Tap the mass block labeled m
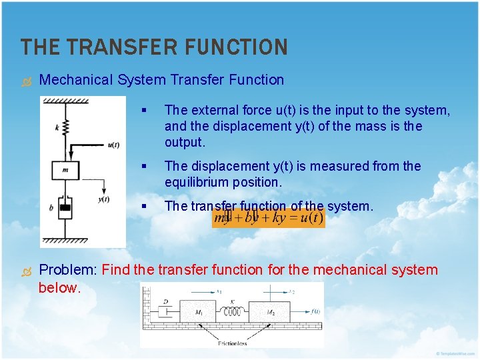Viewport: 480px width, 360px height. pos(65,170)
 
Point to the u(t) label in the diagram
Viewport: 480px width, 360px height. pos(113,144)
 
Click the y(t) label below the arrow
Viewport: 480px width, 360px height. pos(103,199)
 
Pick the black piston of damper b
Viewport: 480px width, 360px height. pos(65,208)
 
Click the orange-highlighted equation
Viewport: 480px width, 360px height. pos(268,218)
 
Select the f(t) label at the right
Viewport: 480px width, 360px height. pos(314,311)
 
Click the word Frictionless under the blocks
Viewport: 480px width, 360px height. pos(232,343)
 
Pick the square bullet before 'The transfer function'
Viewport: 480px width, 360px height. pos(144,206)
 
